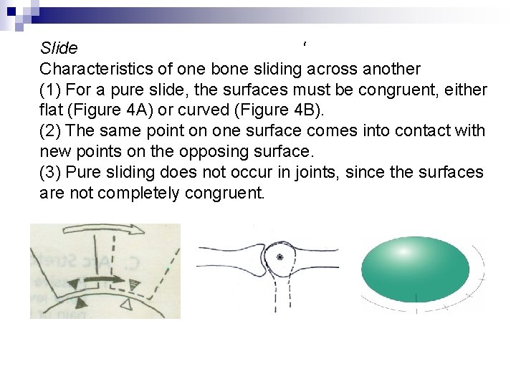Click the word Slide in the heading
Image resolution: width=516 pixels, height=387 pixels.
(x=59, y=49)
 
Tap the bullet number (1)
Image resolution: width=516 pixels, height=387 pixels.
(x=51, y=90)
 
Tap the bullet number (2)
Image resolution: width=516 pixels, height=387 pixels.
(x=51, y=132)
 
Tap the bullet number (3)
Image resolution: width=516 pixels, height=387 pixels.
(x=51, y=173)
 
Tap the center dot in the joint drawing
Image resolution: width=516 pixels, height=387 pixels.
(x=280, y=256)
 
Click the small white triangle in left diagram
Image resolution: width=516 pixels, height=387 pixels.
(x=127, y=306)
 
